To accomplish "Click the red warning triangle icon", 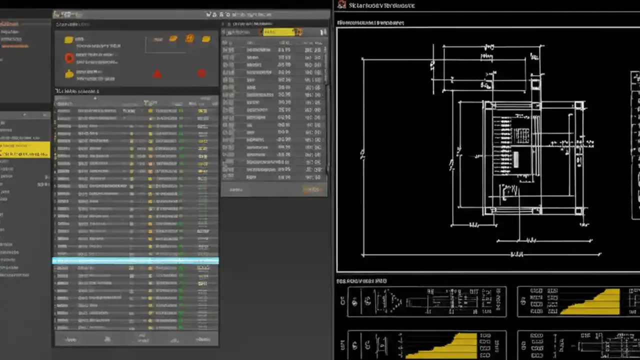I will tap(157, 74).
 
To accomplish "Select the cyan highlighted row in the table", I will tap(135, 260).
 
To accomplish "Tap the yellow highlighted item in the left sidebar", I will tap(25, 149).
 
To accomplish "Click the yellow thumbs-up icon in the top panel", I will tap(69, 74).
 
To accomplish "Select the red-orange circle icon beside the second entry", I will tap(69, 58).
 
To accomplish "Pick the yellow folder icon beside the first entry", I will tap(68, 40).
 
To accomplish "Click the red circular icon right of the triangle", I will tap(201, 73).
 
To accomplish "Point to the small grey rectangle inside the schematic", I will tap(516, 159).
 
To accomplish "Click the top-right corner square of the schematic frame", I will tap(579, 105).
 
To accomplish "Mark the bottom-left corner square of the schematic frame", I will tap(487, 211).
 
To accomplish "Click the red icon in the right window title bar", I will tap(342, 5).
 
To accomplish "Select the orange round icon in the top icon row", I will tap(189, 38).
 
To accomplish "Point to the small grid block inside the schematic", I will tap(522, 134).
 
